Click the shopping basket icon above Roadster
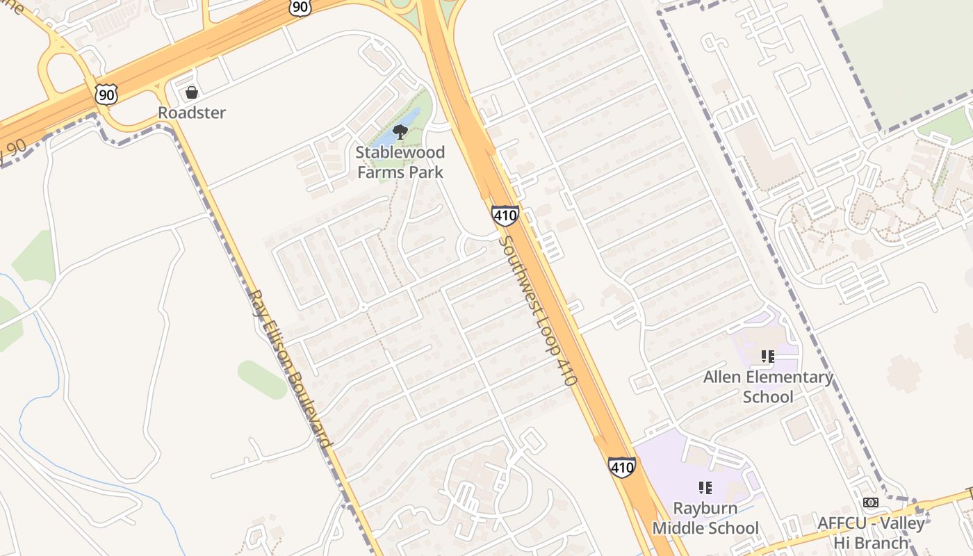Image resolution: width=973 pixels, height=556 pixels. [191, 92]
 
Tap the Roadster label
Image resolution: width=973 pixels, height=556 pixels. [192, 113]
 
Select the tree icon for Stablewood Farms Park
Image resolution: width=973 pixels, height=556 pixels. [400, 131]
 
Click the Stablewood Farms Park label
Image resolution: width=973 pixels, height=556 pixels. [400, 161]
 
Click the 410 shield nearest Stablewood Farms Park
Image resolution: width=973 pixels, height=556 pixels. [505, 215]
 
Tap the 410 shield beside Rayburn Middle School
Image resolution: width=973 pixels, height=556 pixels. [621, 467]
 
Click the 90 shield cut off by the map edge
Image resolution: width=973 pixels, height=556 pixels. [300, 6]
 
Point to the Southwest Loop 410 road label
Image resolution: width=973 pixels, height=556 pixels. [538, 311]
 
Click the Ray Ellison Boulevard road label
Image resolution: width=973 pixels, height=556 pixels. [291, 368]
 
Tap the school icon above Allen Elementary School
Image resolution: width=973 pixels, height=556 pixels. [767, 357]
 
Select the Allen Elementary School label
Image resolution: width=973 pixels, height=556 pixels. [768, 387]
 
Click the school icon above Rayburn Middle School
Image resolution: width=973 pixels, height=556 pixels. [705, 488]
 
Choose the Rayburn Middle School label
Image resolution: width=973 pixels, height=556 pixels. [705, 518]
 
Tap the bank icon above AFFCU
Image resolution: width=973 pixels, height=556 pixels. [870, 502]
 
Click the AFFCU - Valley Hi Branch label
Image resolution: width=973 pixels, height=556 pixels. [871, 532]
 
